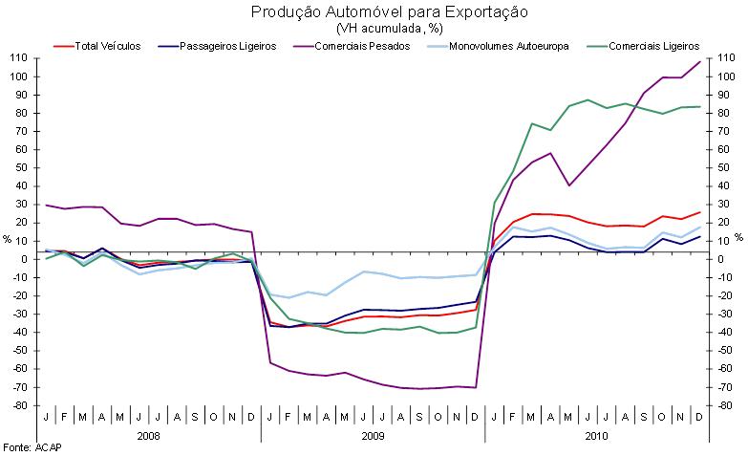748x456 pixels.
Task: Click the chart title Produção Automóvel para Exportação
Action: [x=374, y=12]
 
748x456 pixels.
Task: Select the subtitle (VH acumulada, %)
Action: [x=374, y=28]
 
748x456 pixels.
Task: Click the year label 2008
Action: [x=148, y=435]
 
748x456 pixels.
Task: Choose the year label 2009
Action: [x=373, y=435]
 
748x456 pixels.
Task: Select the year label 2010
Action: [x=596, y=435]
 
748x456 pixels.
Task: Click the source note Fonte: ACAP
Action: [x=29, y=446]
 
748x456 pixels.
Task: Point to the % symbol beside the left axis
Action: [x=7, y=239]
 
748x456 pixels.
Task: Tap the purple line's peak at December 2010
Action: [x=699, y=62]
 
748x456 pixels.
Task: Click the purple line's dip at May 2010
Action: [x=569, y=185]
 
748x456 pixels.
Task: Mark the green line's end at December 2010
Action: [x=699, y=107]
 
